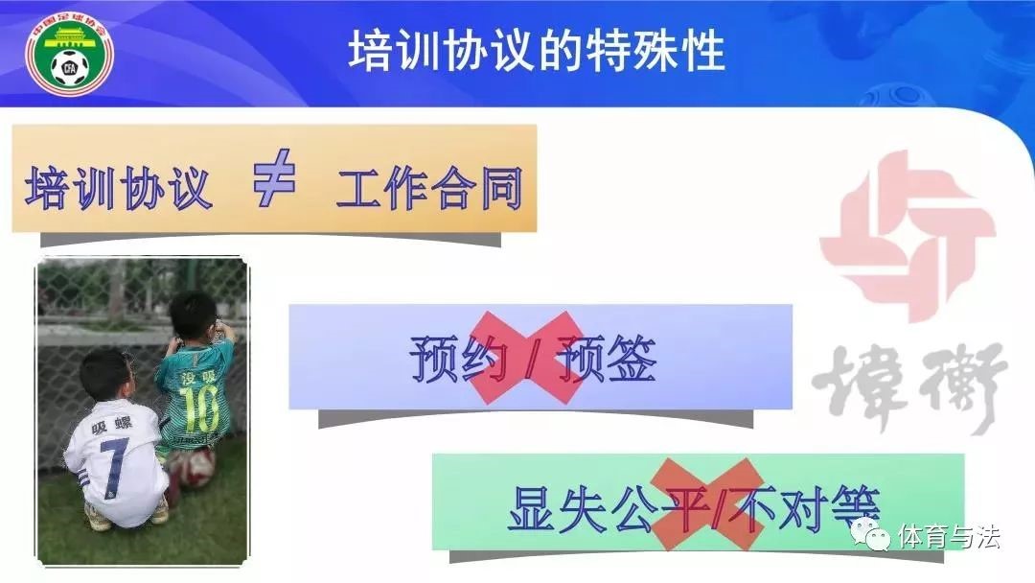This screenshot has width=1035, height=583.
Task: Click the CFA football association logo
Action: [69, 57]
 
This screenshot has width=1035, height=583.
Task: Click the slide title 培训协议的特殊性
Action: [537, 50]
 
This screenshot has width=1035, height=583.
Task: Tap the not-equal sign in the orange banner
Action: [273, 177]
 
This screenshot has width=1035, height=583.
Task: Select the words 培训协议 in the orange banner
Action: [119, 189]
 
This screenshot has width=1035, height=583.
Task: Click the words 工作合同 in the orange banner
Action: [429, 189]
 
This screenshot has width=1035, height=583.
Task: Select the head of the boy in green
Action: [193, 315]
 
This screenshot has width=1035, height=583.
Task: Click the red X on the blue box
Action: [527, 358]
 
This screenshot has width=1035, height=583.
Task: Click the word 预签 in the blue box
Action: [607, 359]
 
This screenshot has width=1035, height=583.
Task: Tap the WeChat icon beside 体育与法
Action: [870, 534]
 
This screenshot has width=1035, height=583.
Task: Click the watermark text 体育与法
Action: [949, 536]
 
